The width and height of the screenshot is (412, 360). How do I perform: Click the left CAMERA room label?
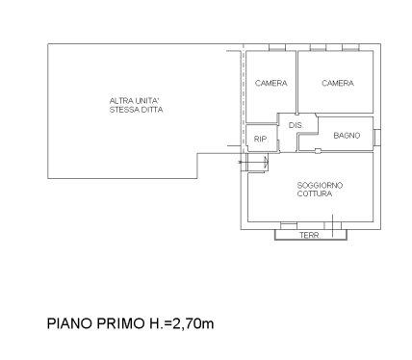[x=271, y=84]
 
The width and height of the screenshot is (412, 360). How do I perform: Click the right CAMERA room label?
[x=338, y=84]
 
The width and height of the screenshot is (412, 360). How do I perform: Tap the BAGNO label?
[x=347, y=136]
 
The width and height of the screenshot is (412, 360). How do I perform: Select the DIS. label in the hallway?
[x=296, y=126]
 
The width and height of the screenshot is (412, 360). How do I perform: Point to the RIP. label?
[x=260, y=141]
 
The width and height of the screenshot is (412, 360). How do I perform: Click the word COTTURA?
[x=316, y=193]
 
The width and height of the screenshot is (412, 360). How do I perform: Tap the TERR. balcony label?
[x=309, y=235]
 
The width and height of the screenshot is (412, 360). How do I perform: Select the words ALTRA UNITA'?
[x=136, y=101]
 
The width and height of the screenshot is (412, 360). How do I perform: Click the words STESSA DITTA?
[x=136, y=111]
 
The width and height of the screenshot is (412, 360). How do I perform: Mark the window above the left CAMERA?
[x=277, y=47]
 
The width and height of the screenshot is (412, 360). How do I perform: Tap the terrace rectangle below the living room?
[x=309, y=232]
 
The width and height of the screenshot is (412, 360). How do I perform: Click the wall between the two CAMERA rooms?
[x=296, y=82]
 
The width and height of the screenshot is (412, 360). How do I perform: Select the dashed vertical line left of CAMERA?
[x=243, y=96]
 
